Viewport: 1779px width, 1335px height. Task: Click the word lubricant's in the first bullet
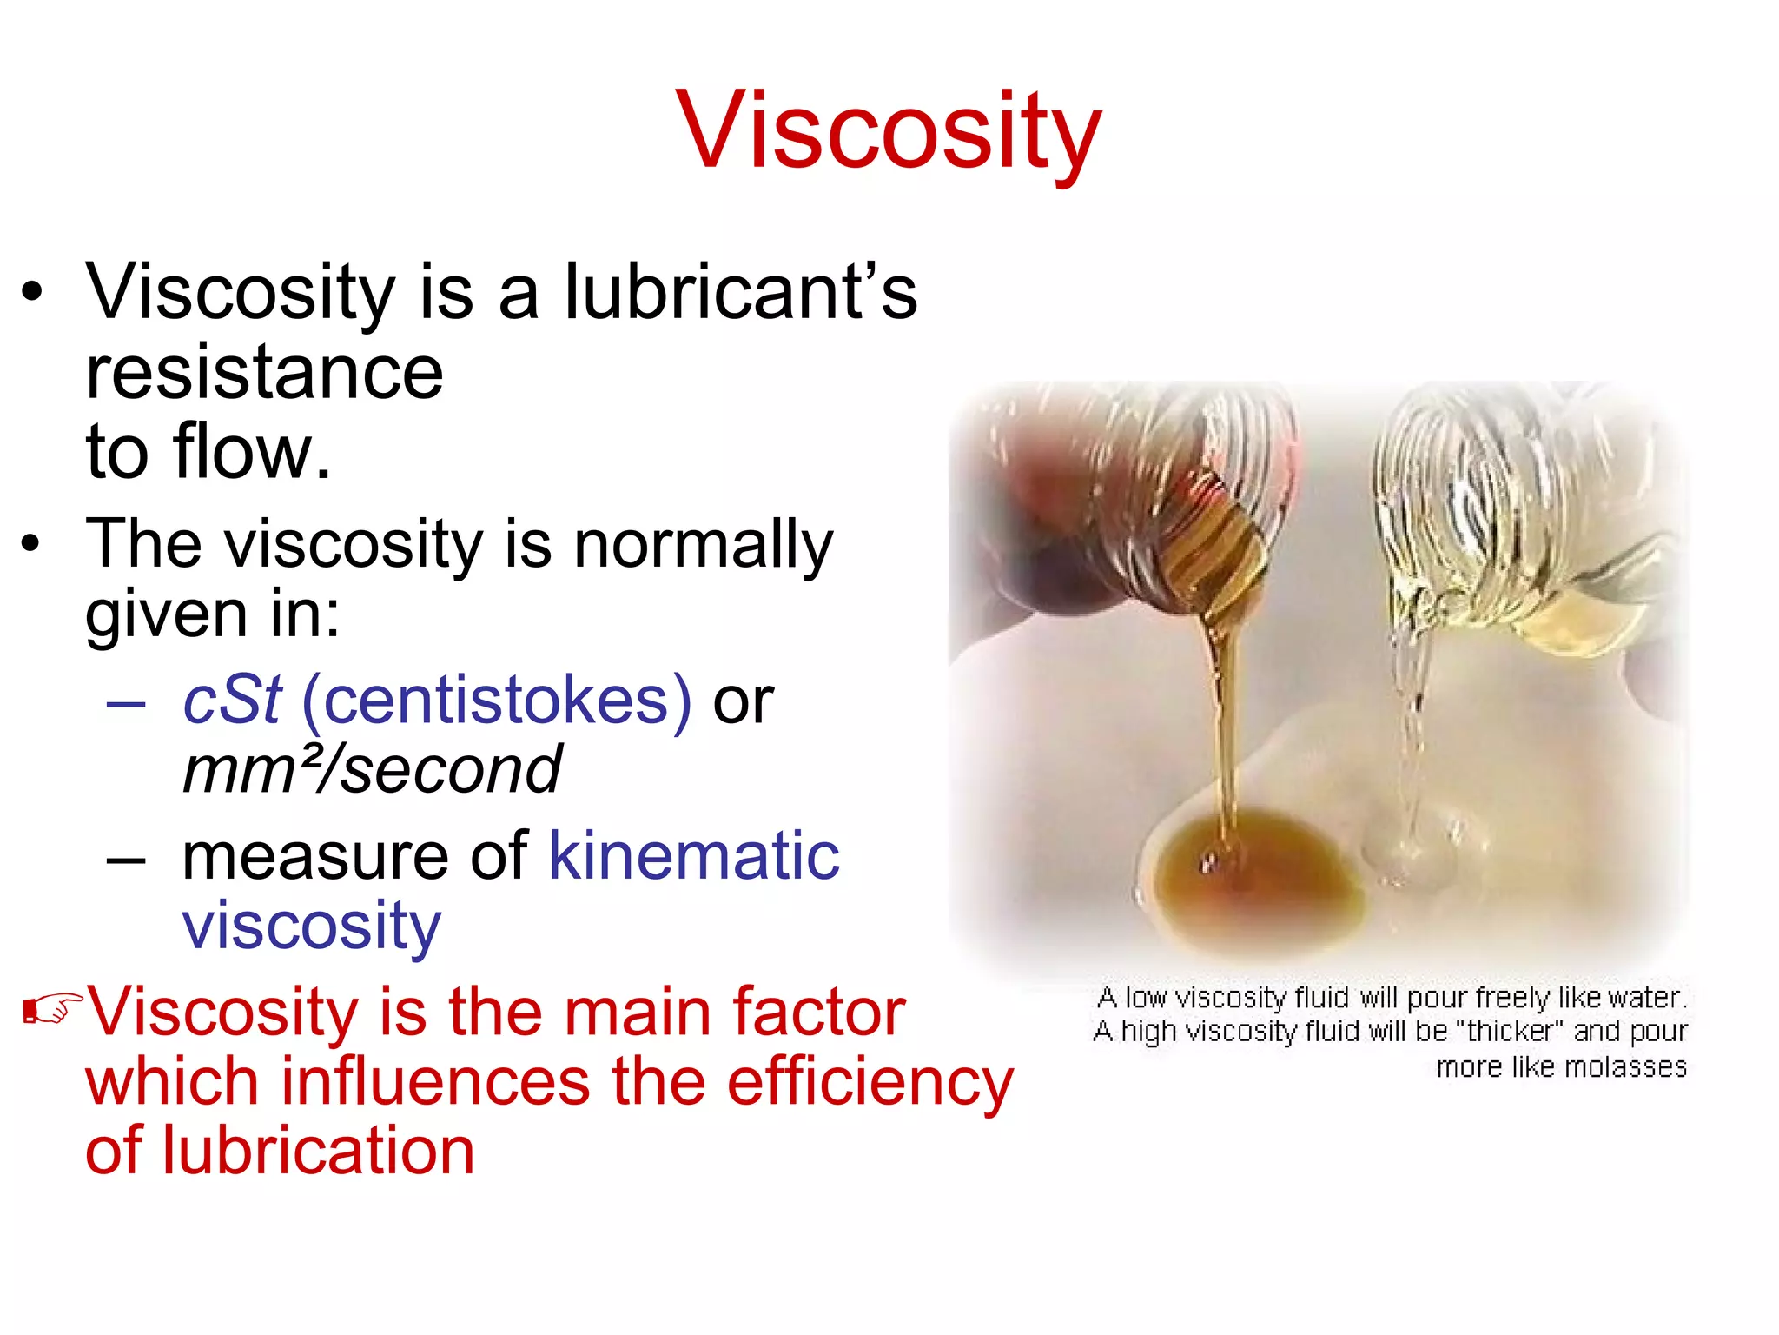coord(740,292)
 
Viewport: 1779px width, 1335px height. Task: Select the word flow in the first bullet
coord(243,452)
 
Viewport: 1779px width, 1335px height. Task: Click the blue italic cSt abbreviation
coord(232,700)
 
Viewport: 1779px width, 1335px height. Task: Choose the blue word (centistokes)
coord(496,700)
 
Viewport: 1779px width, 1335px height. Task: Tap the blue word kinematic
coord(693,856)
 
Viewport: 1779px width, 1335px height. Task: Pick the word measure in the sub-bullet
coord(316,856)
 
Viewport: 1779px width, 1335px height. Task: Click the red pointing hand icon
coord(52,1008)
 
